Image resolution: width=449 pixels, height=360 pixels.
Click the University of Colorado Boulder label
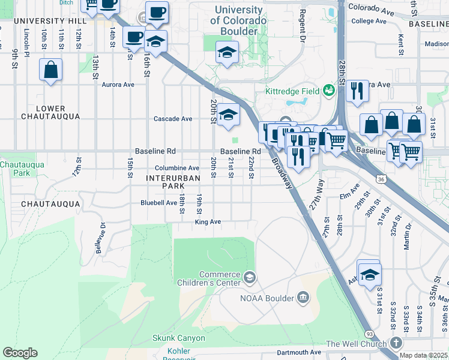point(238,20)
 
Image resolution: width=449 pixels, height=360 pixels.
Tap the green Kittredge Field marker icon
point(328,91)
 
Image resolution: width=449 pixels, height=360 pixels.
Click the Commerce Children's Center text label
point(211,278)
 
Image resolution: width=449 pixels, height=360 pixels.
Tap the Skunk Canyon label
point(178,338)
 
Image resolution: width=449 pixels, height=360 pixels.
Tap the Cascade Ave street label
point(173,119)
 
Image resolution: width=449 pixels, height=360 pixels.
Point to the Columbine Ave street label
point(176,169)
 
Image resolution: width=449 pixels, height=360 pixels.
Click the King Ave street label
point(208,222)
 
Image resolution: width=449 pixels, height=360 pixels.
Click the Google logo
point(20,352)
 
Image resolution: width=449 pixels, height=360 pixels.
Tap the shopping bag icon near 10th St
point(51,70)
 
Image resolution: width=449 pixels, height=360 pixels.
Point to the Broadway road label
point(282,173)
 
